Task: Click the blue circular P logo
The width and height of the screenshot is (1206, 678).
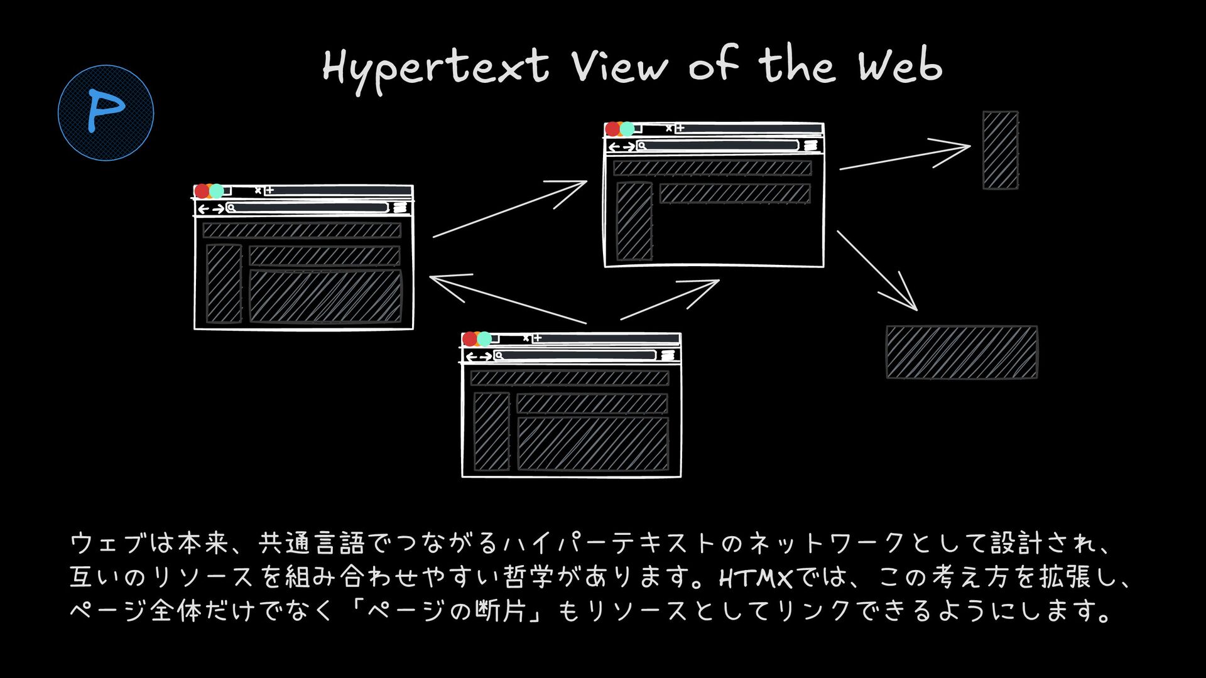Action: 106,113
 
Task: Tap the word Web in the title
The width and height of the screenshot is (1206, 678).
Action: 900,65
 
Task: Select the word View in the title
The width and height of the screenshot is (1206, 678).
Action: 619,67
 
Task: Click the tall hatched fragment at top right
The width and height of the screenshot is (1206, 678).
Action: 1000,150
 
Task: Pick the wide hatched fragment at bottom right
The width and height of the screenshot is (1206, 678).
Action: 961,352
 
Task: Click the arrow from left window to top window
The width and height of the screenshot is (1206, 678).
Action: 509,209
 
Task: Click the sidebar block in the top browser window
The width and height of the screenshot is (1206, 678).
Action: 634,220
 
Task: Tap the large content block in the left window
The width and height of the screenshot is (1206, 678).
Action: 325,296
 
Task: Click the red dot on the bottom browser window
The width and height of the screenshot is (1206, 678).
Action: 469,339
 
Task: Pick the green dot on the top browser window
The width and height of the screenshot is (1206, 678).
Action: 627,129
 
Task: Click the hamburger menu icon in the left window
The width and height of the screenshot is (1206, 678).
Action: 400,208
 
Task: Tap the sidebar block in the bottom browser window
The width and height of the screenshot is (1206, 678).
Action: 491,431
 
